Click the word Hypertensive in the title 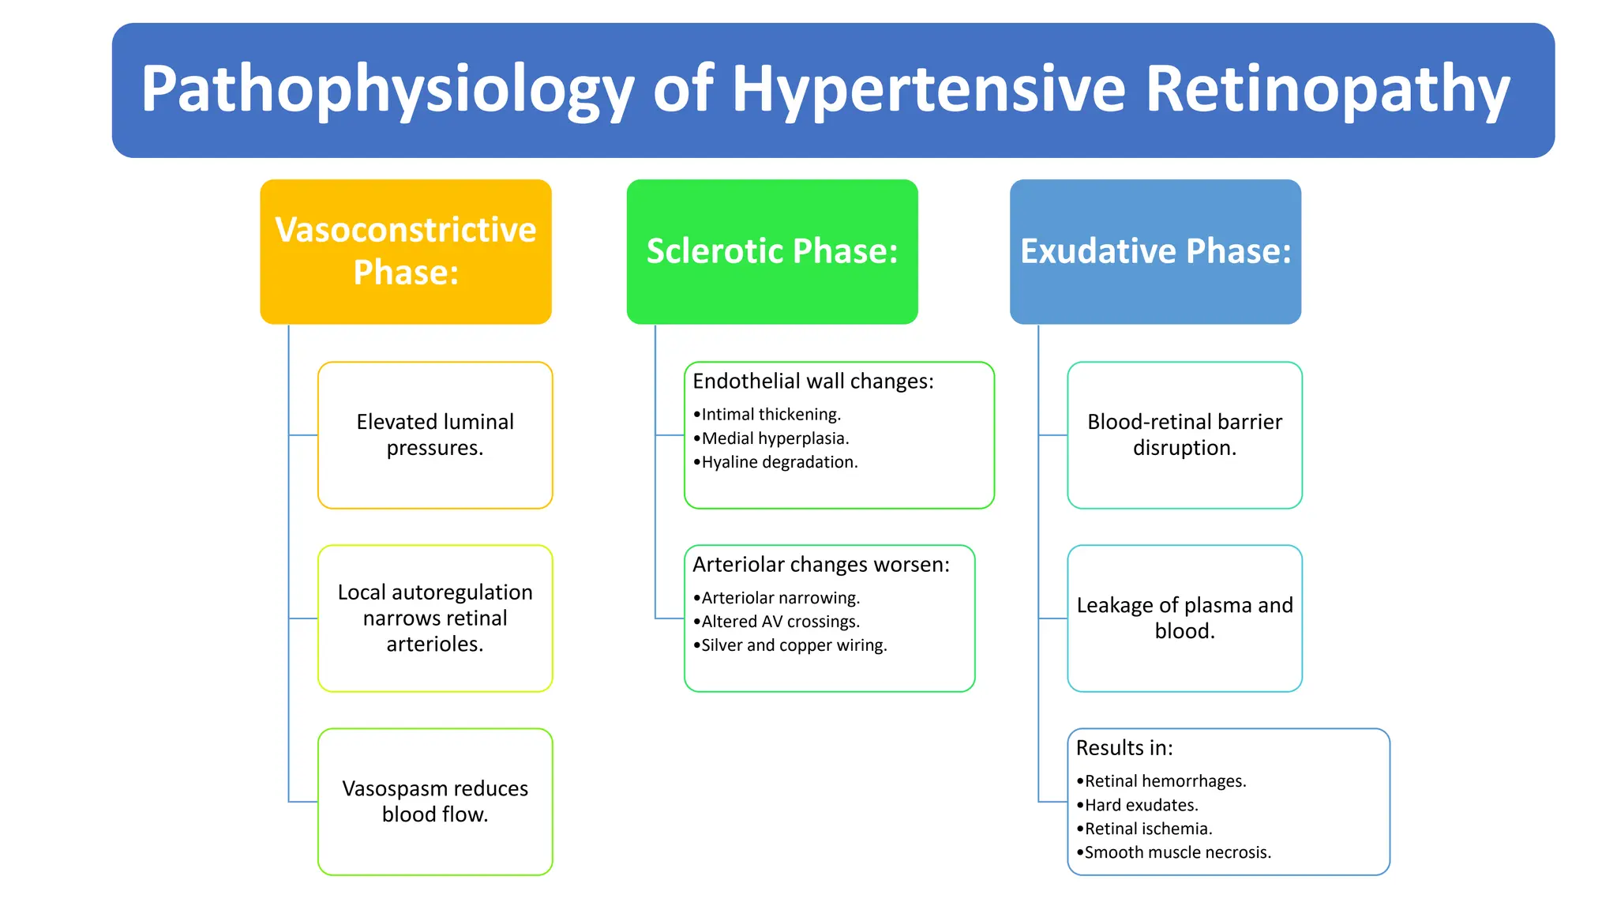[929, 89]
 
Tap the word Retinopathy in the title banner [1326, 89]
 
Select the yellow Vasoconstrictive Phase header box [406, 251]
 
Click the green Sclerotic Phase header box [772, 251]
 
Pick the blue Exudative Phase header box [1155, 251]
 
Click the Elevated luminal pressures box [435, 434]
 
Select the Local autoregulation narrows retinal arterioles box [435, 618]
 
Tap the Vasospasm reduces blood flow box [435, 801]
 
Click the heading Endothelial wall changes [812, 381]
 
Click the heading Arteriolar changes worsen [820, 564]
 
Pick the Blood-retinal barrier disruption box [1184, 434]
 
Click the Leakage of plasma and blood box [1184, 618]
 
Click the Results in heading [1124, 747]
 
